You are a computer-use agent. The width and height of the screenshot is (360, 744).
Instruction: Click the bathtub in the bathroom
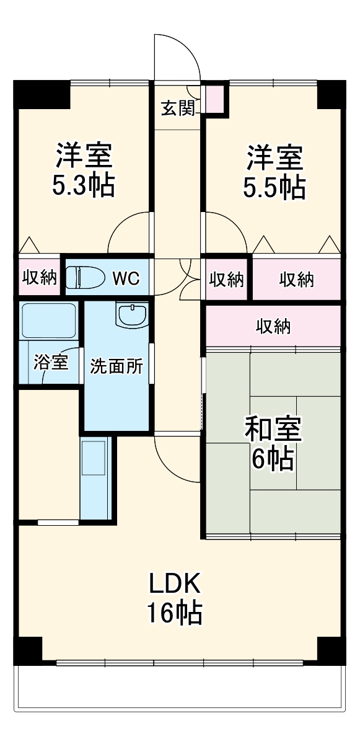pyautogui.click(x=48, y=321)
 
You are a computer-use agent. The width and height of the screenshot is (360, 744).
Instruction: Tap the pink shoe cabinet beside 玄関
pyautogui.click(x=216, y=99)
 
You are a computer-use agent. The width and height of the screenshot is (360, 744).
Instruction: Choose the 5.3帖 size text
pyautogui.click(x=83, y=185)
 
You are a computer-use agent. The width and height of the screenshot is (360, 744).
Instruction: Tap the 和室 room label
pyautogui.click(x=273, y=430)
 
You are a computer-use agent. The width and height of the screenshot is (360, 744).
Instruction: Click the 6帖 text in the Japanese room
pyautogui.click(x=273, y=459)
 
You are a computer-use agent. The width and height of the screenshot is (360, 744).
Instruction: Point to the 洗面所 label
pyautogui.click(x=116, y=366)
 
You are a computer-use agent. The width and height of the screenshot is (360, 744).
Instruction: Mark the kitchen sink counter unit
pyautogui.click(x=95, y=477)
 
